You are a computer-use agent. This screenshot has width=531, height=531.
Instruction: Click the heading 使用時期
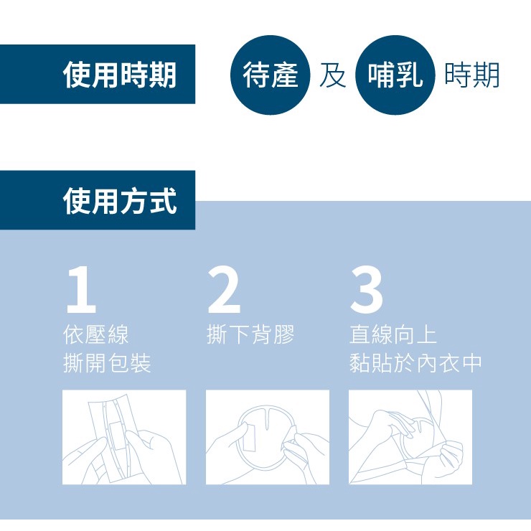click(x=120, y=75)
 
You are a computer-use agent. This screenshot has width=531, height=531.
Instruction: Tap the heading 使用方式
click(x=120, y=201)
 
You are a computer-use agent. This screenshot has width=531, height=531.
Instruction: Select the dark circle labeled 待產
click(x=270, y=75)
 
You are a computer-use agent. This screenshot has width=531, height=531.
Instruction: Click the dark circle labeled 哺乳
click(x=395, y=75)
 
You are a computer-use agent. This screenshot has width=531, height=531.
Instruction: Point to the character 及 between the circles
click(x=332, y=75)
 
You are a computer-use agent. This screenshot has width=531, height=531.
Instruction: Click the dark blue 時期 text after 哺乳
click(x=471, y=75)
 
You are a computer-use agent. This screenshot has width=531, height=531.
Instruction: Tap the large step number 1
click(x=81, y=290)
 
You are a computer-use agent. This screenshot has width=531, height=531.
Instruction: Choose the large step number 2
click(x=224, y=290)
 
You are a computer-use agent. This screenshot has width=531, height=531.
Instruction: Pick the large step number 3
click(x=367, y=290)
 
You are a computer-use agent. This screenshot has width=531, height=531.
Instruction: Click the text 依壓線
click(x=96, y=334)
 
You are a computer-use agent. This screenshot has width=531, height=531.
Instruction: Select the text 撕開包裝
click(x=107, y=362)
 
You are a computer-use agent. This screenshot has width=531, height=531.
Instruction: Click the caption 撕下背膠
click(x=250, y=334)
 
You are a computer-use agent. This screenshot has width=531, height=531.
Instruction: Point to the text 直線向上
click(x=393, y=334)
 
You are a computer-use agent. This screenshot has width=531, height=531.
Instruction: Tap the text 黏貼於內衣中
click(x=415, y=362)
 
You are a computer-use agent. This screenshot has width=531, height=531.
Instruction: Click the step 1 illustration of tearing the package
click(x=124, y=437)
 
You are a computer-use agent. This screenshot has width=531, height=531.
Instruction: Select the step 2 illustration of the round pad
click(x=268, y=437)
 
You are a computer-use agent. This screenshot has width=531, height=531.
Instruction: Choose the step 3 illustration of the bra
click(x=410, y=437)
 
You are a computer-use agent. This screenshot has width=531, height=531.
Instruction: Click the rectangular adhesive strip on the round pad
click(x=250, y=437)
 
